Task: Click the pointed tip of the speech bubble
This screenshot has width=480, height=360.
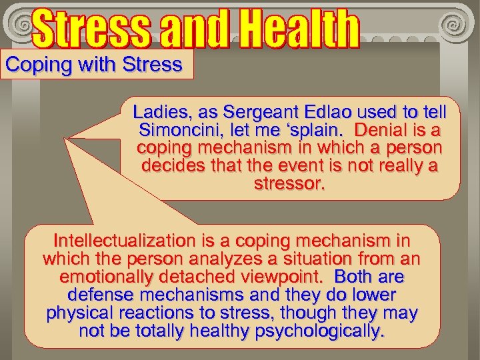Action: tap(66, 138)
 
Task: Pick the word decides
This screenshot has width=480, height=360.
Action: tap(176, 165)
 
